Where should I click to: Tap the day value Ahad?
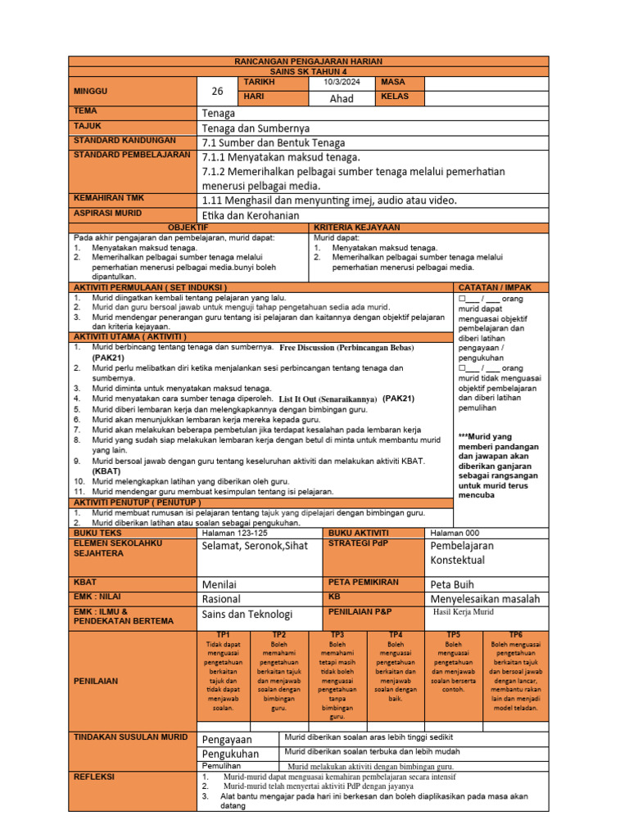[341, 98]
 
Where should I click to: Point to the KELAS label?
[395, 97]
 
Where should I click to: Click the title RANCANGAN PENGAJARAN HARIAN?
[309, 62]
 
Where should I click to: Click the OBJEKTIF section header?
[188, 227]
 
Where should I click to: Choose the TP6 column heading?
[516, 635]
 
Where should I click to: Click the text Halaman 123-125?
[234, 533]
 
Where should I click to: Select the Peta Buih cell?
[452, 584]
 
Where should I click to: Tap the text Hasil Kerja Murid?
[464, 611]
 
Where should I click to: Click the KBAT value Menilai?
[221, 584]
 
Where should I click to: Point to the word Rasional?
[221, 599]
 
